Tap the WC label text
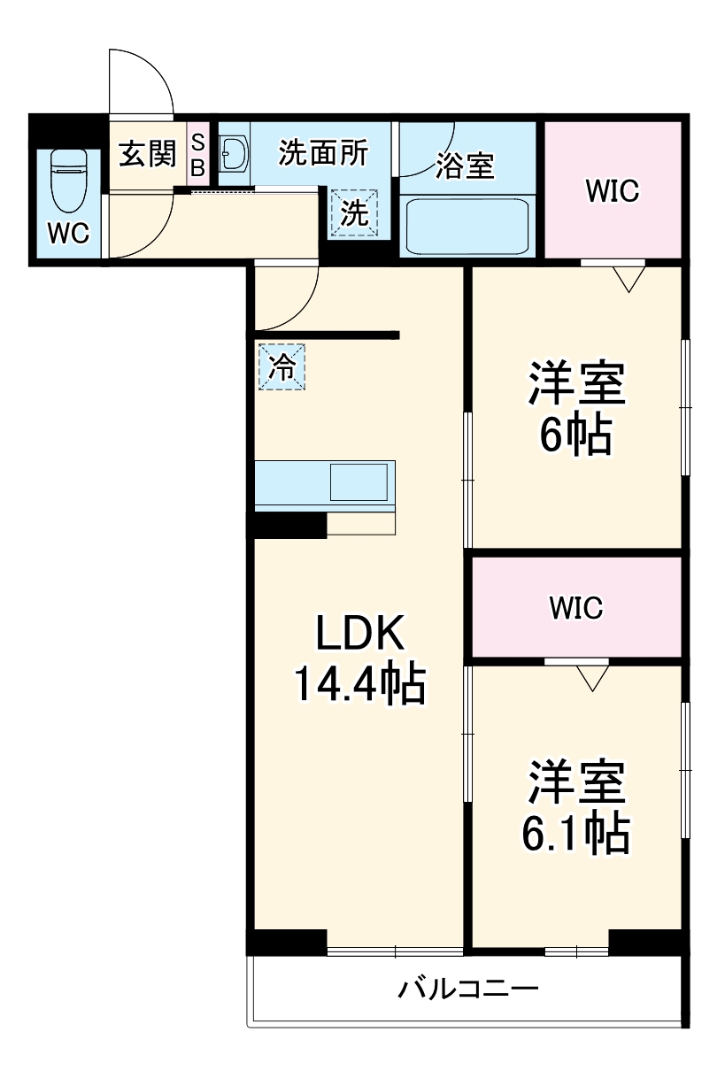pyautogui.click(x=68, y=234)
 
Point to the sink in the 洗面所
pyautogui.click(x=235, y=155)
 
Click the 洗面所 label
pyautogui.click(x=322, y=153)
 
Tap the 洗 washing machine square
pyautogui.click(x=354, y=214)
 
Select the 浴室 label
pyautogui.click(x=465, y=166)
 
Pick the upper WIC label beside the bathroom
pyautogui.click(x=612, y=191)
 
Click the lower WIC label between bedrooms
pyautogui.click(x=575, y=608)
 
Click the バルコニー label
pyautogui.click(x=467, y=988)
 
